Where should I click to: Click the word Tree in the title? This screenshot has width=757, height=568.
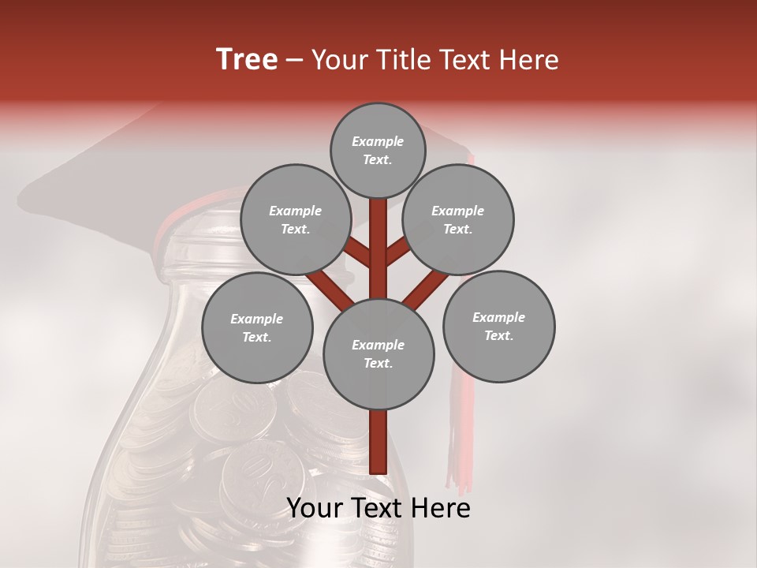(x=247, y=60)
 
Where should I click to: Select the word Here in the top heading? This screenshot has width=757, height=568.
(x=528, y=60)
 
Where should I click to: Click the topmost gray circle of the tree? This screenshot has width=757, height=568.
(x=378, y=150)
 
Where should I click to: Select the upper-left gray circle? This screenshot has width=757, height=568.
(x=295, y=219)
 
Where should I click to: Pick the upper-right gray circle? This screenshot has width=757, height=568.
(x=458, y=219)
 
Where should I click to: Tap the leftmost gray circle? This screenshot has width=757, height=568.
(x=257, y=327)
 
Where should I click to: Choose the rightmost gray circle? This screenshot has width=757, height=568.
(x=498, y=326)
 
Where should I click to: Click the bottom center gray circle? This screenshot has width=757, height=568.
(x=378, y=353)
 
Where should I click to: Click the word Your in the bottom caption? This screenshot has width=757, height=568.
(x=313, y=508)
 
